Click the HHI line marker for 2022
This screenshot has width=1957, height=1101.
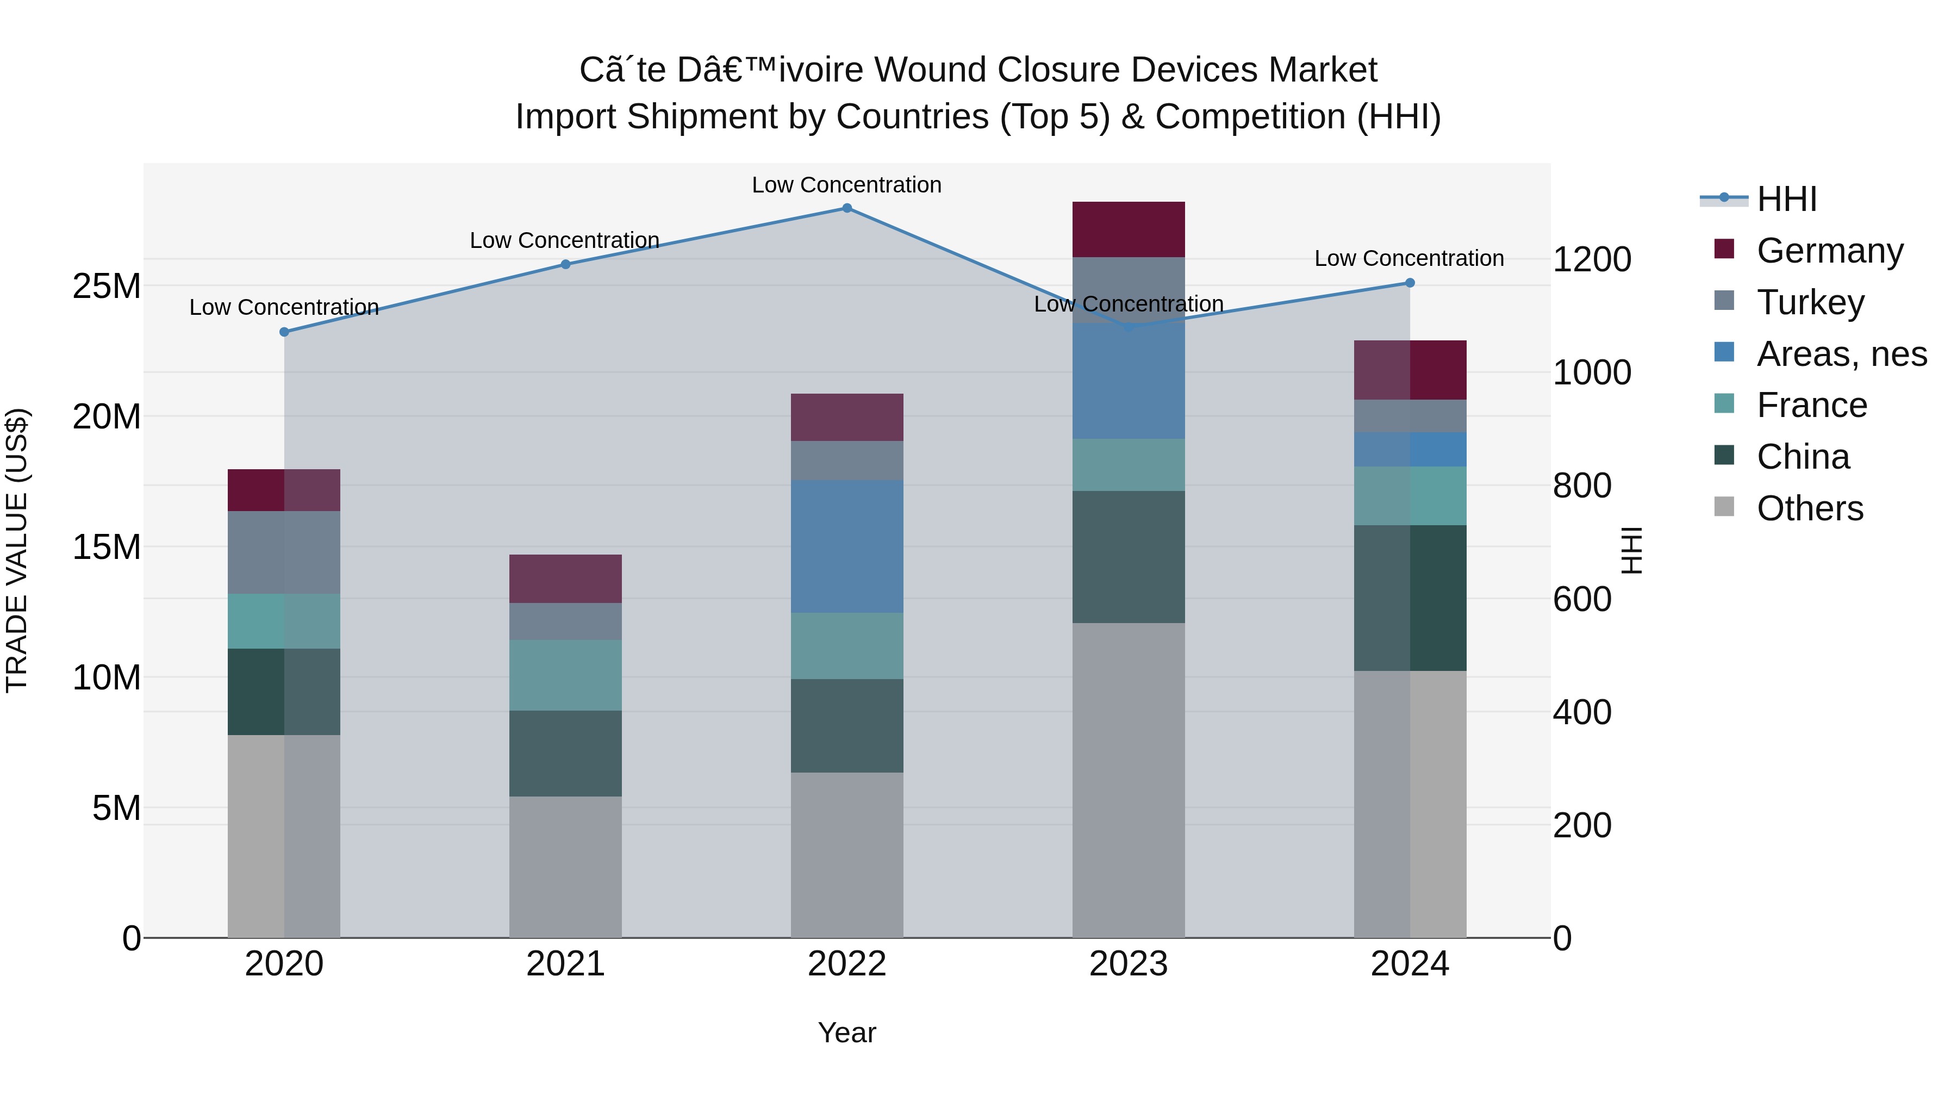847,208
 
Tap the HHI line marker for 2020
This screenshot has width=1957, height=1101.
284,332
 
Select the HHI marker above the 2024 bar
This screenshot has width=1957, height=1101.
1410,283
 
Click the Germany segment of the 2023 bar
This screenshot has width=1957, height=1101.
1128,229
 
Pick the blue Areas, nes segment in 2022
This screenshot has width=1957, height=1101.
847,546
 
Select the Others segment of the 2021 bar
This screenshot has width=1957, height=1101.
565,866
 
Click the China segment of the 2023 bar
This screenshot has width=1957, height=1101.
1128,557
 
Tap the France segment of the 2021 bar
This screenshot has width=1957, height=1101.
565,675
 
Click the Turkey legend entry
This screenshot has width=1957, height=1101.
1810,302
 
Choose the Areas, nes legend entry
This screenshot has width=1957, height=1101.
1842,354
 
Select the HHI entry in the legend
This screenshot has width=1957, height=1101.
1786,199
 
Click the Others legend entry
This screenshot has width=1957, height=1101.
1810,508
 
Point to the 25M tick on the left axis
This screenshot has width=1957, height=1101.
107,287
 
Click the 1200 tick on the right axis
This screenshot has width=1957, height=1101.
1592,260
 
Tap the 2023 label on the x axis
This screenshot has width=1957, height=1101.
1128,964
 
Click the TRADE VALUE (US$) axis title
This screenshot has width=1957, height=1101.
17,550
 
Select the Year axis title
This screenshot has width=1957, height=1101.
847,1032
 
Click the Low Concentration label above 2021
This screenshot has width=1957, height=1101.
564,240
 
